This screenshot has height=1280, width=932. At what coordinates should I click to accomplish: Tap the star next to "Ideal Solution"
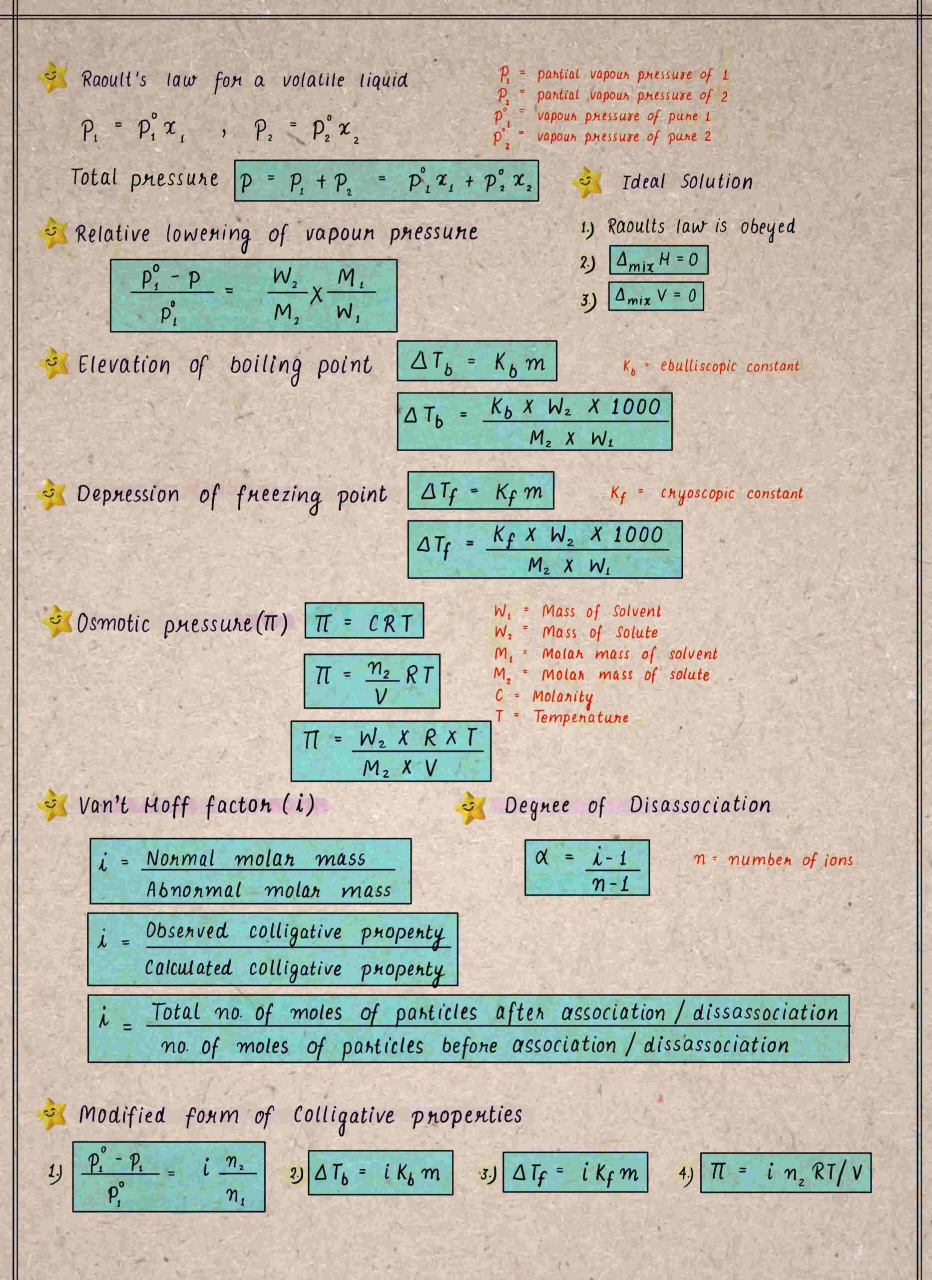pos(587,182)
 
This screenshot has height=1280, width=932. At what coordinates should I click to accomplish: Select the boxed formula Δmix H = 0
pos(658,260)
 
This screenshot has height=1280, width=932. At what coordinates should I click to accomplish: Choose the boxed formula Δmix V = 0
pos(656,296)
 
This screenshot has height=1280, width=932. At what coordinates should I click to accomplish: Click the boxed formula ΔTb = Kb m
pos(476,361)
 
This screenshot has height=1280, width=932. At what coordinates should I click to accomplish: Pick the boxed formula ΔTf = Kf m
pos(480,490)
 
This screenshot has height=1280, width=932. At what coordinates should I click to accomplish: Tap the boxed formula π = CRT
pos(364,620)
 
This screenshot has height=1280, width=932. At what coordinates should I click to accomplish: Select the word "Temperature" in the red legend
pos(581,717)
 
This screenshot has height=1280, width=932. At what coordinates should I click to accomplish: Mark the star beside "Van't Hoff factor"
pos(53,805)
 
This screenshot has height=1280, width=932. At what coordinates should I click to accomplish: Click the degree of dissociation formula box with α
pos(587,867)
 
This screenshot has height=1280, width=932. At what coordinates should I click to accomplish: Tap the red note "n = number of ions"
pos(773,860)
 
